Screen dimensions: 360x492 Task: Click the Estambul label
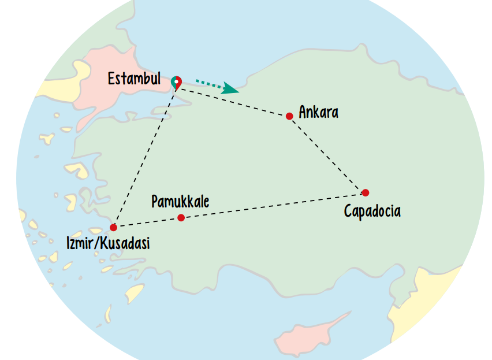coord(134,79)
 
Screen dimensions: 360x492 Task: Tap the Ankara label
coord(318,112)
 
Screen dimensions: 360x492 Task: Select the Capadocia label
coord(372,211)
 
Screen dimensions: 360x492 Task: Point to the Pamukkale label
coord(180,202)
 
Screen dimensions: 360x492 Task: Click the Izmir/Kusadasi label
coord(108,243)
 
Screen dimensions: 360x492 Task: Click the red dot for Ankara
coord(289,116)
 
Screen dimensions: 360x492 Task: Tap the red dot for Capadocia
coord(365,192)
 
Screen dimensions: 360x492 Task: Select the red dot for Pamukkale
coord(181,218)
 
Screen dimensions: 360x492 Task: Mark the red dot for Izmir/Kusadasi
coord(113,227)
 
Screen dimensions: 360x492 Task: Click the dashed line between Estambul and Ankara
coord(231,102)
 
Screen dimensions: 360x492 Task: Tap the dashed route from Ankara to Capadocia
coord(326,154)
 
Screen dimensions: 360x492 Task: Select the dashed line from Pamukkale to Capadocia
coord(271,205)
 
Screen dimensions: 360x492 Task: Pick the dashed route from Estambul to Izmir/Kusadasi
coord(144,156)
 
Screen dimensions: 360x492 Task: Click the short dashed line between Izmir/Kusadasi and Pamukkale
coord(147,222)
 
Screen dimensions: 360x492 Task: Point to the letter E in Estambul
coord(111,79)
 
